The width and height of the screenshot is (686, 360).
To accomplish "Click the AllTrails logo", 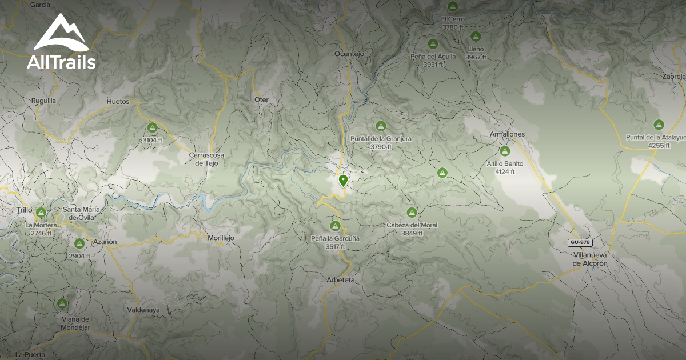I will (x=61, y=42).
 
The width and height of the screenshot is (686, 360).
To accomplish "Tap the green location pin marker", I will (x=343, y=181).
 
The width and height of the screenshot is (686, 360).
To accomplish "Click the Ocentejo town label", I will (x=349, y=54).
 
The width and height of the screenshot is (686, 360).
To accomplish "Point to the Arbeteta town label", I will (x=341, y=280).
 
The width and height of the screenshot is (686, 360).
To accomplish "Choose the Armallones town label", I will (x=507, y=134).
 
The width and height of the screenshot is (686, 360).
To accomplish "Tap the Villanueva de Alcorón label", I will (x=590, y=259).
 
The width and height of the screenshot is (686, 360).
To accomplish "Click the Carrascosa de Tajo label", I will (x=207, y=159).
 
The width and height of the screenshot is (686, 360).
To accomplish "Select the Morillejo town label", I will (x=221, y=238).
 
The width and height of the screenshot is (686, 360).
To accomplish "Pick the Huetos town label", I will (x=118, y=102).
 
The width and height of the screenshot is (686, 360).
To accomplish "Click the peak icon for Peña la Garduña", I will (x=336, y=226).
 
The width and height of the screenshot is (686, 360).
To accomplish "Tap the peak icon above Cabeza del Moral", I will (x=411, y=213).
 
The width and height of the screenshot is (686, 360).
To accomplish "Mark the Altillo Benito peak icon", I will (x=505, y=151).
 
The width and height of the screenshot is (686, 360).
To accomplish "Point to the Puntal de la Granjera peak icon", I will (x=381, y=126).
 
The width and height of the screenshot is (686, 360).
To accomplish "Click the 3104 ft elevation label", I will (x=152, y=140).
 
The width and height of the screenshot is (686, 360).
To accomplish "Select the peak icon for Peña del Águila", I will (x=433, y=43).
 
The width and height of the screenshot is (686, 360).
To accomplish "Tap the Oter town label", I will (x=261, y=99).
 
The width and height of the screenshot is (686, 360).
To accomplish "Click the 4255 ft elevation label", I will (x=659, y=146).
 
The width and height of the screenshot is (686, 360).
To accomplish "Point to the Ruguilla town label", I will (x=44, y=100).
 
